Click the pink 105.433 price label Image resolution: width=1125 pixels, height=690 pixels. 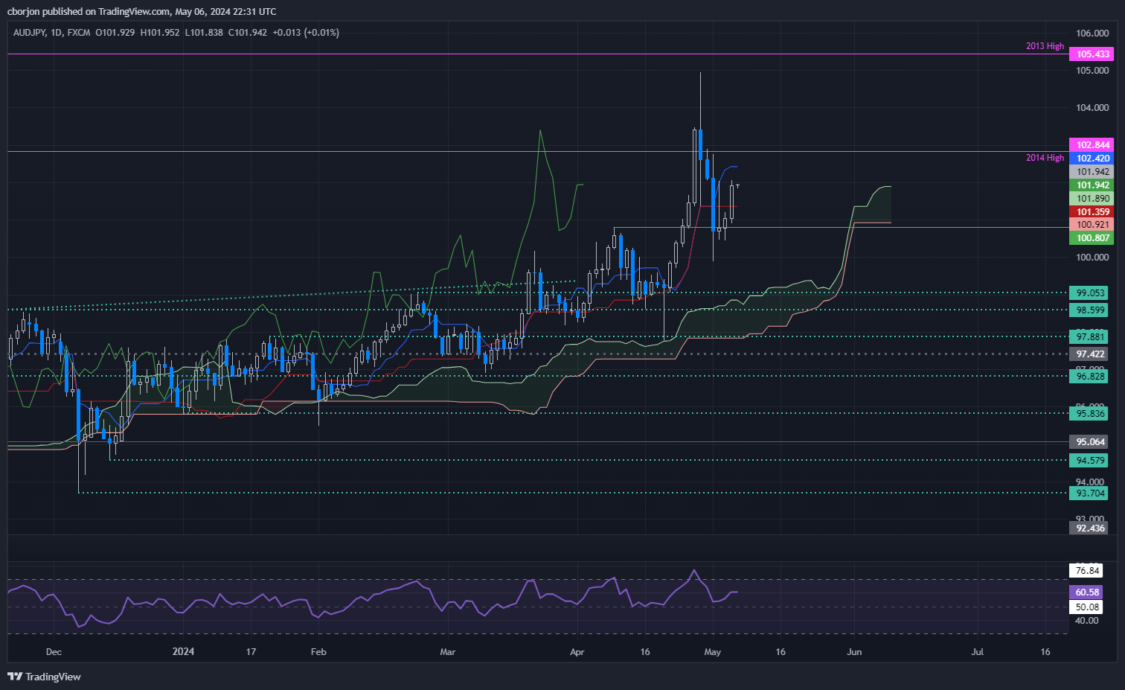(x=1092, y=54)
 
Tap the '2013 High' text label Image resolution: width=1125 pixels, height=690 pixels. (x=1045, y=46)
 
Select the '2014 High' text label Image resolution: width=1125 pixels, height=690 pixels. (x=1045, y=158)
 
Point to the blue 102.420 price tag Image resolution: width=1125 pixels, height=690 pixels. (x=1092, y=159)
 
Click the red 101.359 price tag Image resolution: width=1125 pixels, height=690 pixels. (x=1092, y=212)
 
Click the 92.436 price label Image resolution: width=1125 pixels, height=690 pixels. (x=1091, y=528)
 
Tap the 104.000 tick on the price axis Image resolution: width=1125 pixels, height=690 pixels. (x=1092, y=108)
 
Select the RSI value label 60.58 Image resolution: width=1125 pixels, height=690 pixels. (x=1087, y=592)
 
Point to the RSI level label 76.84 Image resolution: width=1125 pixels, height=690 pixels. (x=1087, y=571)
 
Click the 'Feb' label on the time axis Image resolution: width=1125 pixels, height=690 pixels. (x=318, y=652)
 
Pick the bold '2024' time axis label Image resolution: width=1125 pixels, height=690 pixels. (x=183, y=652)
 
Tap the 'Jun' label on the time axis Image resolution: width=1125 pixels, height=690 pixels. (x=854, y=652)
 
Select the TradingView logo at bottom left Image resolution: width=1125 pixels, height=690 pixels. (x=44, y=677)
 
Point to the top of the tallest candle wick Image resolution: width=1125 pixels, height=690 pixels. (x=700, y=73)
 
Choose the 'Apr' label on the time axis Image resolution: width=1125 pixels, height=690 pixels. (x=577, y=652)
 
